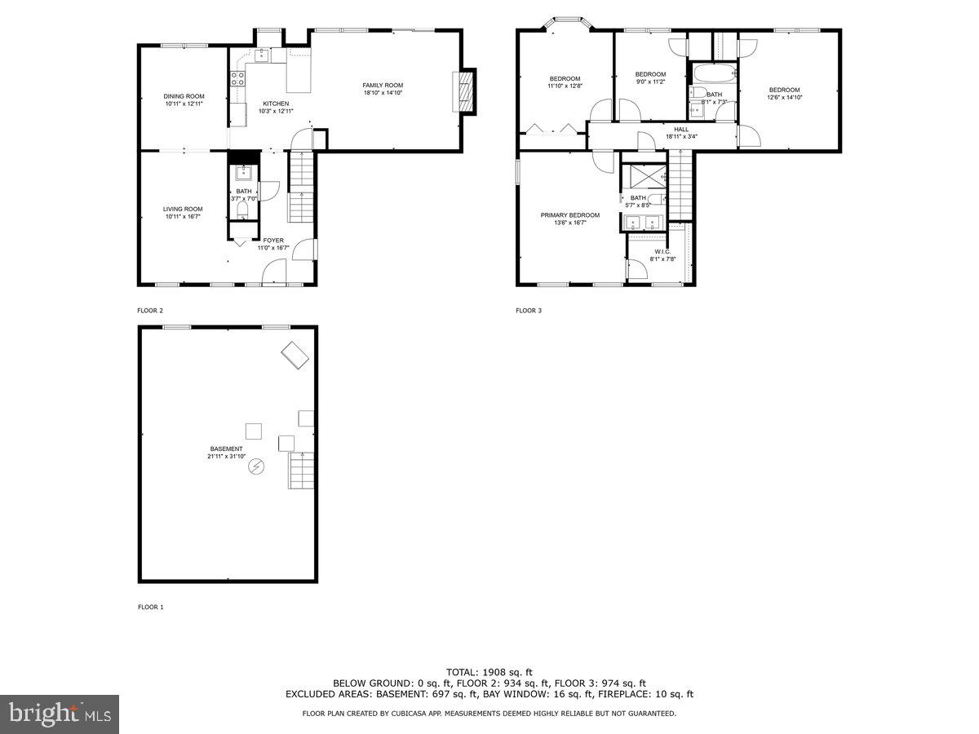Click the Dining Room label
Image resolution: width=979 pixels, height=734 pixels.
point(184,96)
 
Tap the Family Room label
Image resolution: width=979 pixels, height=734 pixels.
point(383,86)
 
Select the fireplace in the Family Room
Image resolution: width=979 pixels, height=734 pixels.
point(463,91)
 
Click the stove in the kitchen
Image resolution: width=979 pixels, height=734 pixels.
point(239,79)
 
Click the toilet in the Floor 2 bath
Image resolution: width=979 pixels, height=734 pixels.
point(242,210)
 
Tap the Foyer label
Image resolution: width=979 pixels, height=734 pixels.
point(273,240)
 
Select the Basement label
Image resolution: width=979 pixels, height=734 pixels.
point(226,449)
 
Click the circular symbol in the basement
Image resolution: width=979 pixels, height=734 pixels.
point(256,466)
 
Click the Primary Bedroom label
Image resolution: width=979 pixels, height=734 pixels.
point(569,215)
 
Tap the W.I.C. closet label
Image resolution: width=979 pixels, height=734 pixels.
point(661,251)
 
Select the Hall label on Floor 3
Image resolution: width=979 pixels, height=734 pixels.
point(681,129)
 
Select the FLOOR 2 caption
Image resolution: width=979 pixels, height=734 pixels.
point(150,311)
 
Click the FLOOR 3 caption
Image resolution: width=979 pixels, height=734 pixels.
point(529,311)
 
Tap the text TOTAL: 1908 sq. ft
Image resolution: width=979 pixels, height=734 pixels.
point(489,671)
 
